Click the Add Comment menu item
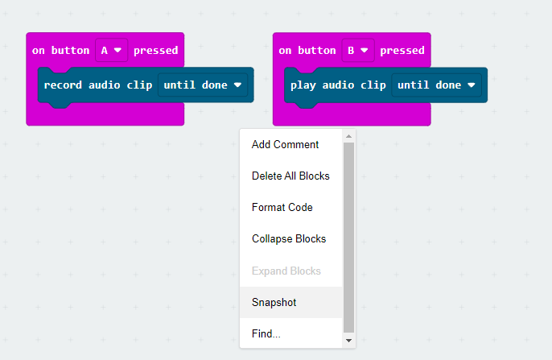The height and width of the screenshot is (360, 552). pyautogui.click(x=285, y=144)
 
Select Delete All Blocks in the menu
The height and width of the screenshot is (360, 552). pyautogui.click(x=290, y=176)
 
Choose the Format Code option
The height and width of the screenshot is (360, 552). pyautogui.click(x=282, y=207)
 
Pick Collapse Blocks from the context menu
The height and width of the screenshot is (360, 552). pyautogui.click(x=289, y=239)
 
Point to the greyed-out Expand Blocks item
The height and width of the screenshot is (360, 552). pyautogui.click(x=286, y=271)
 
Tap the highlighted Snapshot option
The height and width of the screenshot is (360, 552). pyautogui.click(x=274, y=302)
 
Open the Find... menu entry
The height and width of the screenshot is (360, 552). pyautogui.click(x=266, y=333)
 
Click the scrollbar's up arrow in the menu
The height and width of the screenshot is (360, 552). pyautogui.click(x=349, y=136)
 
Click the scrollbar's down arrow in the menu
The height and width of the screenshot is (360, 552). pyautogui.click(x=349, y=341)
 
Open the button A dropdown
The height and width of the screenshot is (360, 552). pyautogui.click(x=112, y=50)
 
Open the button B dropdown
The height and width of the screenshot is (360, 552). pyautogui.click(x=358, y=50)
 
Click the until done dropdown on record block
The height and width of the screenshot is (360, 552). pyautogui.click(x=203, y=85)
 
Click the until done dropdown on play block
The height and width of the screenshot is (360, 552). pyautogui.click(x=436, y=85)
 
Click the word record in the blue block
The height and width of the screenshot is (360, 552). pyautogui.click(x=63, y=85)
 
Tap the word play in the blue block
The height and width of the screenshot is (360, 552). pyautogui.click(x=303, y=85)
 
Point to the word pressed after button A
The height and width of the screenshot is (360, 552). pyautogui.click(x=156, y=51)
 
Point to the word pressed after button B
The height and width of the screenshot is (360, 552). pyautogui.click(x=402, y=51)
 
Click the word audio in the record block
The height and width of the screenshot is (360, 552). pyautogui.click(x=105, y=85)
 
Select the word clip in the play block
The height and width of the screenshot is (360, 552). pyautogui.click(x=373, y=85)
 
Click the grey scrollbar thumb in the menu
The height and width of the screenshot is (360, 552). pyautogui.click(x=349, y=238)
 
